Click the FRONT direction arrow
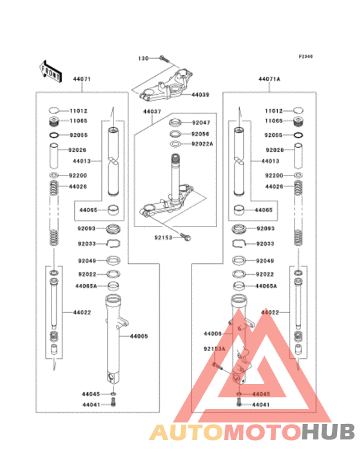click(51, 72)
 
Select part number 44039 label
click(200, 95)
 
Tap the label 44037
click(152, 112)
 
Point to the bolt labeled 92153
click(185, 237)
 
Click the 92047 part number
click(201, 123)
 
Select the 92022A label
click(202, 144)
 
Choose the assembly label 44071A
click(269, 79)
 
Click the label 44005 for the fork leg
click(139, 336)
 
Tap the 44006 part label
click(213, 334)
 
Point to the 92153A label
click(214, 349)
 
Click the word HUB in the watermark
click(328, 432)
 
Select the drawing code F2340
click(306, 56)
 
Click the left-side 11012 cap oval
click(54, 111)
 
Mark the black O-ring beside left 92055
click(54, 135)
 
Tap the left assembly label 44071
click(82, 79)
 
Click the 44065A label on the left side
click(86, 286)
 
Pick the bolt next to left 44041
click(113, 402)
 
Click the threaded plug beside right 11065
click(298, 122)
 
